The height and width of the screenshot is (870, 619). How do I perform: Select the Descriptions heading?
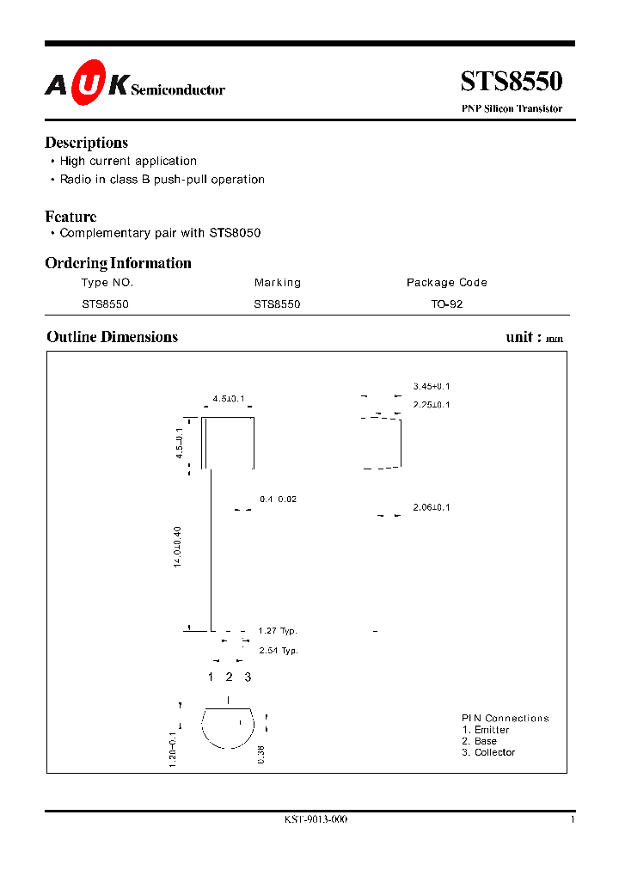[x=86, y=143]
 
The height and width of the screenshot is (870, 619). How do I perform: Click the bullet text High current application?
[x=128, y=161]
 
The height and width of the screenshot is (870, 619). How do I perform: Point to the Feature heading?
[x=70, y=217]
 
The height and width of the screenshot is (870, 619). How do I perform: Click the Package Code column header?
[x=446, y=282]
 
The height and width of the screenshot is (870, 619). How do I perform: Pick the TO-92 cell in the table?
[x=447, y=303]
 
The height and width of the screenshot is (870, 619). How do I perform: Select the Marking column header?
[x=278, y=282]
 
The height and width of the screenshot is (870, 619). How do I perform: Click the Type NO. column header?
[x=107, y=282]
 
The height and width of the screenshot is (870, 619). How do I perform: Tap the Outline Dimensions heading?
[x=112, y=337]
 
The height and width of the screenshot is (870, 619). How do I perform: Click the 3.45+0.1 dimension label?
[x=432, y=387]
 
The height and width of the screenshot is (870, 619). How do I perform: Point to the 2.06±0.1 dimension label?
[x=432, y=507]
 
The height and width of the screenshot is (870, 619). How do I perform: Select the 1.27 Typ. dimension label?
[x=278, y=631]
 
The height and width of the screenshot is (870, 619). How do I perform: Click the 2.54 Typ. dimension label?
[x=279, y=651]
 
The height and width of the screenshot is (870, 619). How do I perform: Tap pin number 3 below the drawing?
[x=248, y=677]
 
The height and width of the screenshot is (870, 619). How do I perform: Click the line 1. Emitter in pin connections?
[x=486, y=730]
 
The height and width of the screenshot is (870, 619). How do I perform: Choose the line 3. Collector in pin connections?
[x=488, y=752]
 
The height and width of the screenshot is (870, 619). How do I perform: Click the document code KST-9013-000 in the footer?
[x=316, y=820]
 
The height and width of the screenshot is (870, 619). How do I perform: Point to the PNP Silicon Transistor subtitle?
[x=512, y=109]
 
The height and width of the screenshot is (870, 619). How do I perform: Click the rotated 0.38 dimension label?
[x=260, y=754]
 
